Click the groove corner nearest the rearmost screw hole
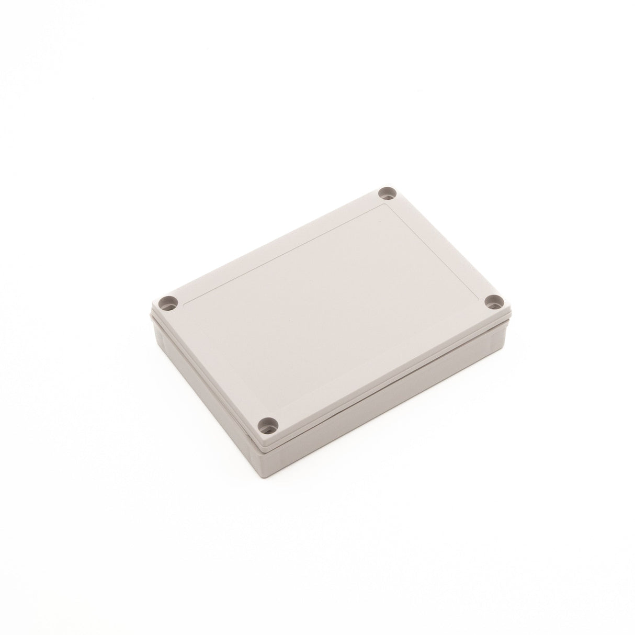386,203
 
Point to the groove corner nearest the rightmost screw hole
480,299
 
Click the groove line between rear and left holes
282,254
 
